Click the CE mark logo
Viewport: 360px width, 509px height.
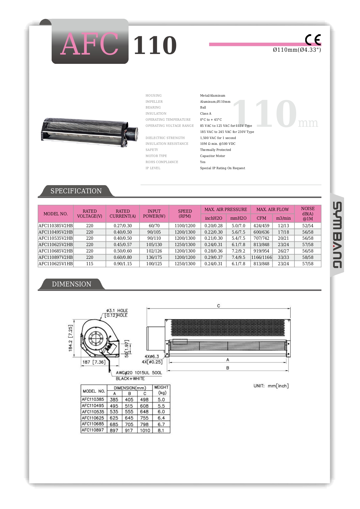pos(313,40)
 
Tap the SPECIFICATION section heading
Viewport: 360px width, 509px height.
pos(76,191)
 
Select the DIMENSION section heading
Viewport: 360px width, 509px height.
pos(71,284)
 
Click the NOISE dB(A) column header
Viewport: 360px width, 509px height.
pos(307,214)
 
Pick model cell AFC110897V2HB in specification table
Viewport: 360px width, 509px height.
pos(56,257)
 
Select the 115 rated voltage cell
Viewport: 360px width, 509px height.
pos(90,264)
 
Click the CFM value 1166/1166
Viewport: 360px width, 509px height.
pos(261,257)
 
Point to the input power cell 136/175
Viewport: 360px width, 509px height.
pos(154,257)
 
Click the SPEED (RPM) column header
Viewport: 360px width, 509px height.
pos(185,214)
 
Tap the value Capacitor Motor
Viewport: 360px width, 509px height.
pos(212,156)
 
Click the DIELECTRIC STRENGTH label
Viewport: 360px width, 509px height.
pos(165,138)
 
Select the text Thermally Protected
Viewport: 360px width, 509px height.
pos(216,150)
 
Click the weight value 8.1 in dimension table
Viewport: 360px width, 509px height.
pos(161,430)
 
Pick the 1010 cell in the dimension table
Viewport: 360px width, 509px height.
pos(145,430)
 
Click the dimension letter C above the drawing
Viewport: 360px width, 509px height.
pos(218,306)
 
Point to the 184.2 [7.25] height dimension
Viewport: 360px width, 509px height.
pos(70,338)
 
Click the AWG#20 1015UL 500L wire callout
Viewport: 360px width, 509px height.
pos(139,373)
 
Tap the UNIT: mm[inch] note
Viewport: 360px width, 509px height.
pos(271,386)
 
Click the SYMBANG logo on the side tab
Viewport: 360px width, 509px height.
pos(337,235)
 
